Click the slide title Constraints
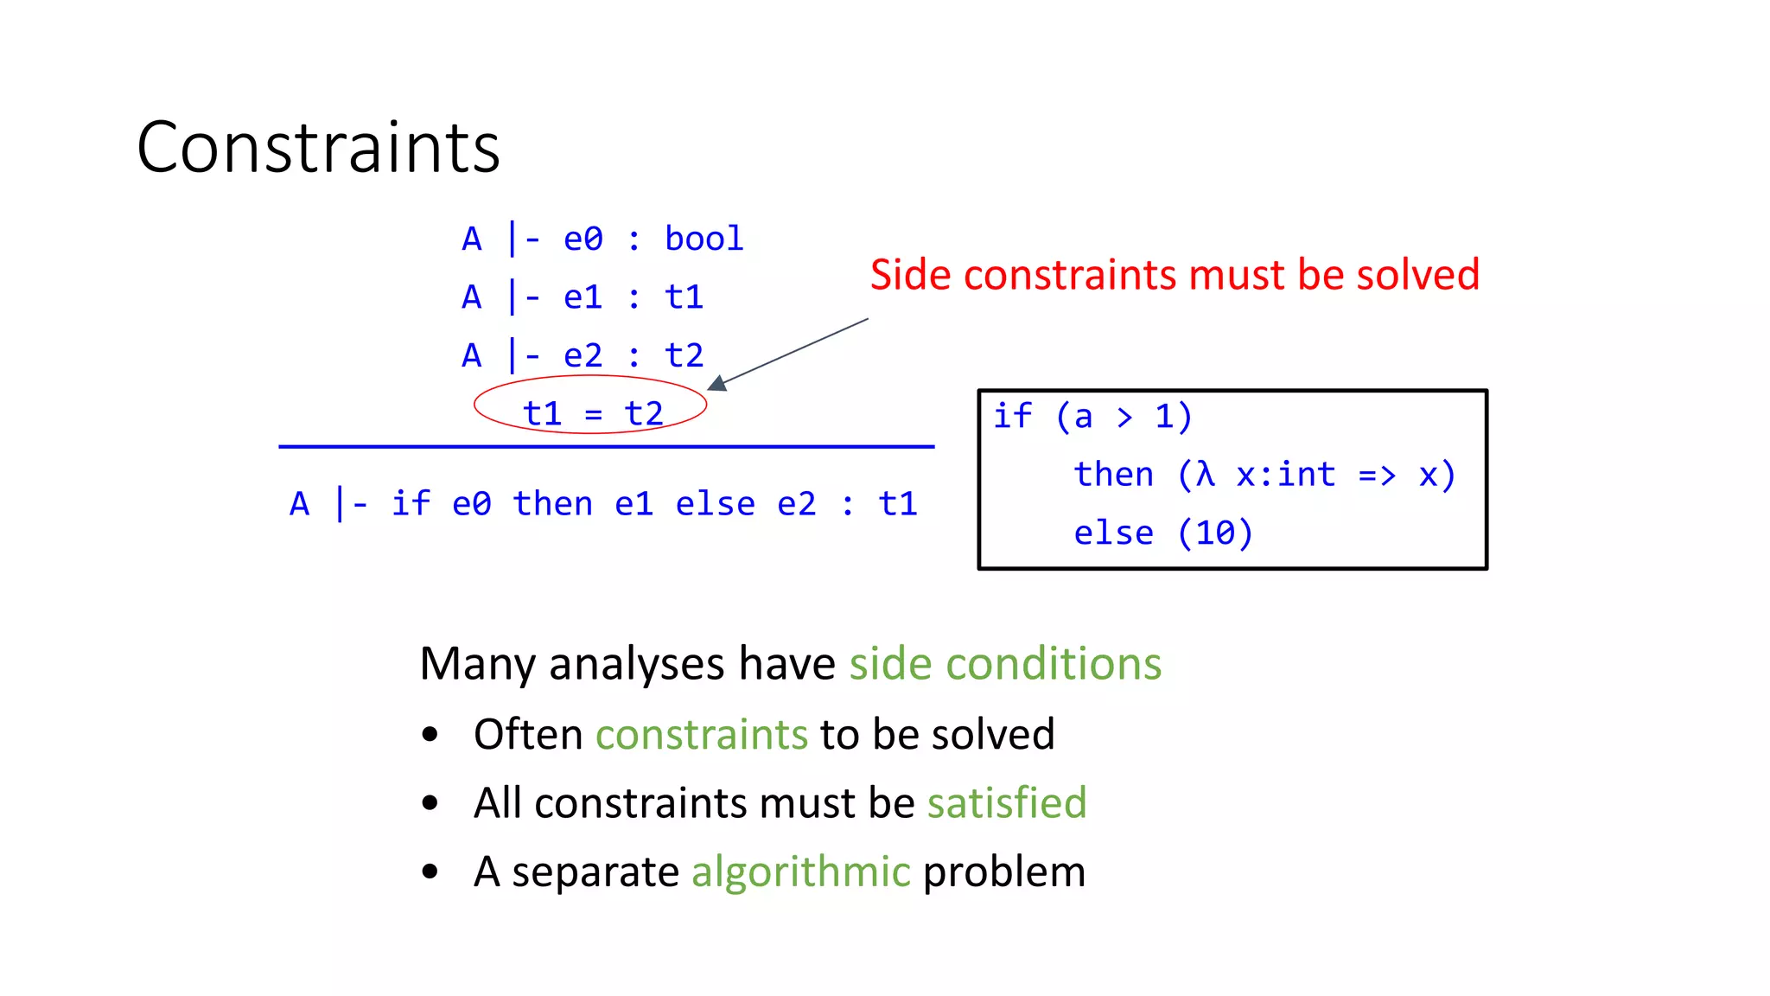coord(318,148)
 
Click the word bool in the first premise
coord(704,239)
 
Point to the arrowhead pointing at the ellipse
coord(717,383)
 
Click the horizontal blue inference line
coord(605,447)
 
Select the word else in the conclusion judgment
coord(715,504)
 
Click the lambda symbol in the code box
coord(1206,474)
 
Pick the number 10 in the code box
coord(1215,533)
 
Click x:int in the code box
coord(1285,475)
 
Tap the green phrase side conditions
coord(1005,664)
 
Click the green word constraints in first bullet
coord(701,735)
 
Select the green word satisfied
coord(1007,803)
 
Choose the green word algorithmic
coord(800,871)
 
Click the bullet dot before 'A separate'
coord(430,872)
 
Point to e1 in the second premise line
coord(583,297)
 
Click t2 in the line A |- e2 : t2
coord(684,355)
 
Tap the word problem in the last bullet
coord(1003,871)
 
